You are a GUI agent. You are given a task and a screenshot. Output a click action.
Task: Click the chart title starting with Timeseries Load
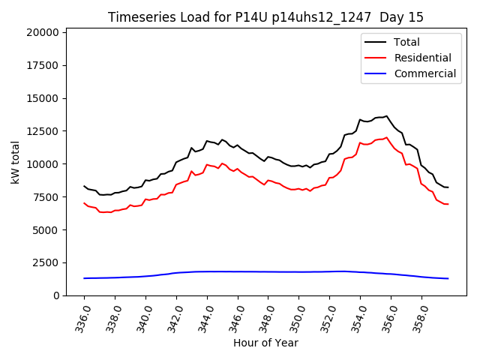(x=265, y=17)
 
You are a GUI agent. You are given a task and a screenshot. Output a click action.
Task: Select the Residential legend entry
(x=422, y=58)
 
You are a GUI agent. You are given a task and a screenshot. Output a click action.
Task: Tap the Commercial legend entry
(x=424, y=73)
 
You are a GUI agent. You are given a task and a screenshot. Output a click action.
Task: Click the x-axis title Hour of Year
(x=265, y=343)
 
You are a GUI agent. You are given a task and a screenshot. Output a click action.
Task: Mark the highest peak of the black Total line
(x=387, y=116)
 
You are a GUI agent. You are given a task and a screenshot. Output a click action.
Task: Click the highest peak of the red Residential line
(x=387, y=137)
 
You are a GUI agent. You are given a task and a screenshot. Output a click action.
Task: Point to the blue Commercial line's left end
(x=84, y=278)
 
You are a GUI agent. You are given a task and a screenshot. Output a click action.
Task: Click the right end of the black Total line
(x=448, y=187)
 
